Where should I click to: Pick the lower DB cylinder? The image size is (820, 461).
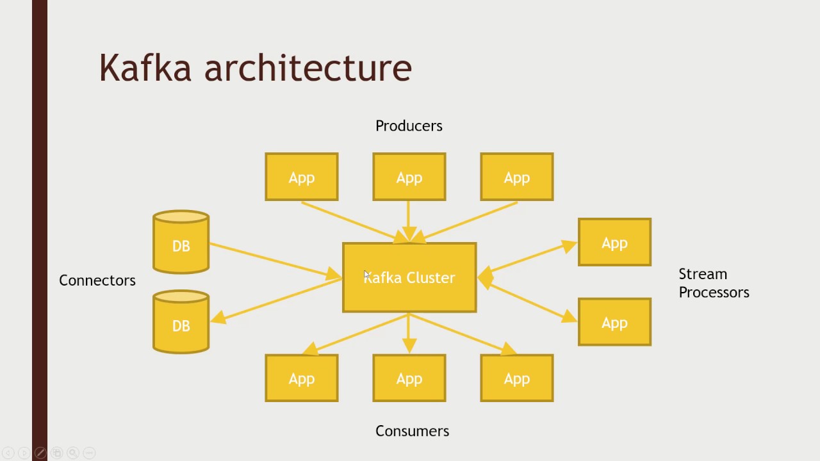point(181,323)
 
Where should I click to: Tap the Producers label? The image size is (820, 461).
point(409,125)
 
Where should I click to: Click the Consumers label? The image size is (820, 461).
point(412,431)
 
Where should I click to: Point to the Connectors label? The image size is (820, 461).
point(97,280)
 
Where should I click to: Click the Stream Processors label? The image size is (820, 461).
point(714,283)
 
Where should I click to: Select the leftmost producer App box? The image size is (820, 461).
point(302,177)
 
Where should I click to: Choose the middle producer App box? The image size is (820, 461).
point(409,177)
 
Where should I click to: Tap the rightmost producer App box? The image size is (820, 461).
point(517,177)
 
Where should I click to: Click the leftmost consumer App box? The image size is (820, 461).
point(302,378)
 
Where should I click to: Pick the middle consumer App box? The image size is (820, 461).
point(409,378)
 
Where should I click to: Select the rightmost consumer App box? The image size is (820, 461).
point(517,378)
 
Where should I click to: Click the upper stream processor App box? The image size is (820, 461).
point(614,242)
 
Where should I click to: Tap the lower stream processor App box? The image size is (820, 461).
point(614,322)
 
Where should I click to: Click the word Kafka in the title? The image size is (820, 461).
point(145,67)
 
